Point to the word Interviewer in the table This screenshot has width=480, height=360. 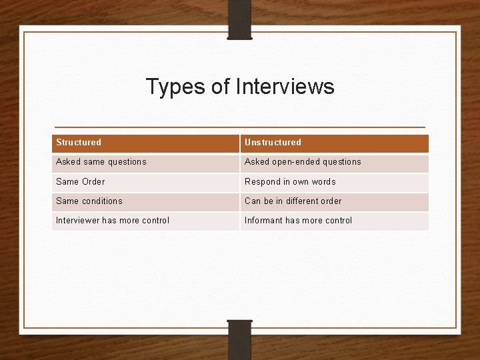(x=77, y=221)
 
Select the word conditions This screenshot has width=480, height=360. (x=102, y=201)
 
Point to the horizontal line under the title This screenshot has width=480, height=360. (x=239, y=127)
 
